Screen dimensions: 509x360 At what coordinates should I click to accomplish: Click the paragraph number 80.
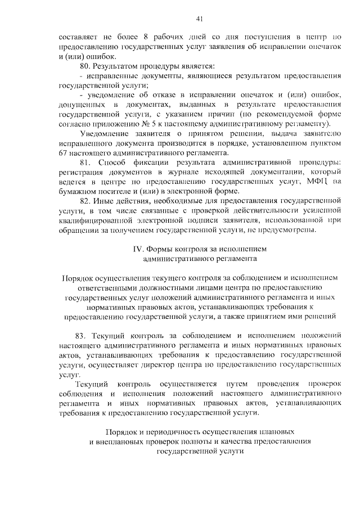tap(86, 67)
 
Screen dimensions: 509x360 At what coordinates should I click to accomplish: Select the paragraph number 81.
tap(86, 163)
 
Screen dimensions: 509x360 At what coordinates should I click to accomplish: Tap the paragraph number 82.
tap(86, 201)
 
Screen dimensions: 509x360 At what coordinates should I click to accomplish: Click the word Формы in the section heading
tap(161, 248)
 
